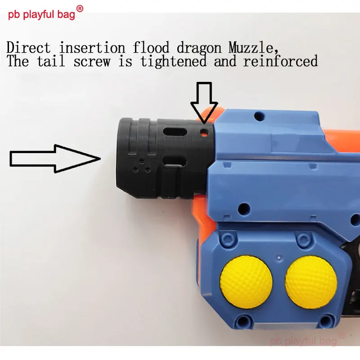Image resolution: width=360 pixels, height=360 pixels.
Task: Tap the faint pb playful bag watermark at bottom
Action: point(304,340)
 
